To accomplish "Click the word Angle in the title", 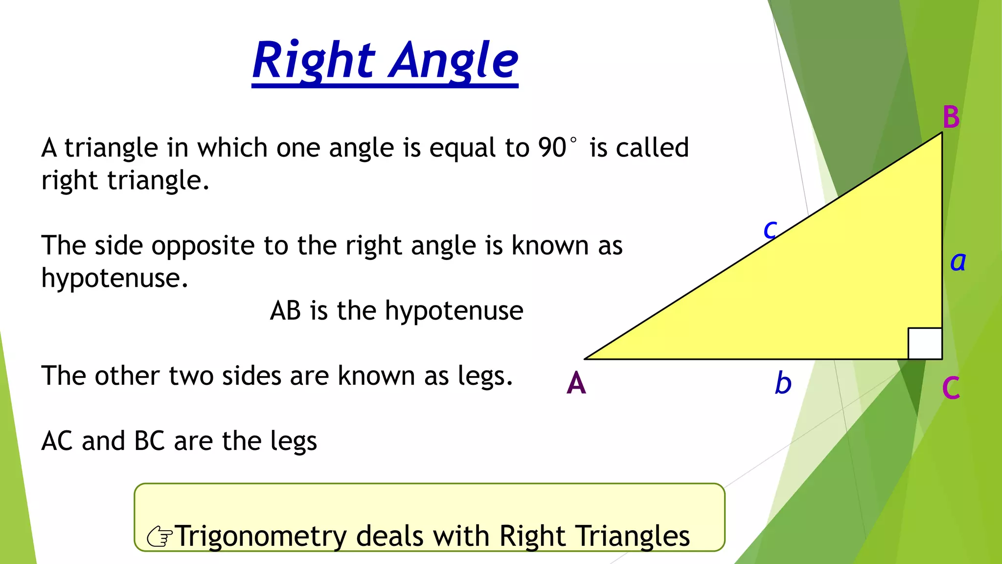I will pyautogui.click(x=454, y=61).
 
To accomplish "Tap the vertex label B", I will pyautogui.click(x=951, y=117).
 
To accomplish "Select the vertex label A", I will pyautogui.click(x=576, y=383).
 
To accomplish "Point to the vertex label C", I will pyautogui.click(x=951, y=388).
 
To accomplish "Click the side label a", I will pyautogui.click(x=958, y=261).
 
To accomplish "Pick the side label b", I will pyautogui.click(x=783, y=383).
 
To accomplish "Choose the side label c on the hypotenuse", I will pyautogui.click(x=770, y=229).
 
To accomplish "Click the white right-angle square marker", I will pyautogui.click(x=925, y=343).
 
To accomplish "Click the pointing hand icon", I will pyautogui.click(x=160, y=537).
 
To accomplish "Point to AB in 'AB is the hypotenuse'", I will pyautogui.click(x=285, y=310).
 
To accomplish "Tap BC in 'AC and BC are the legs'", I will pyautogui.click(x=149, y=441).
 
